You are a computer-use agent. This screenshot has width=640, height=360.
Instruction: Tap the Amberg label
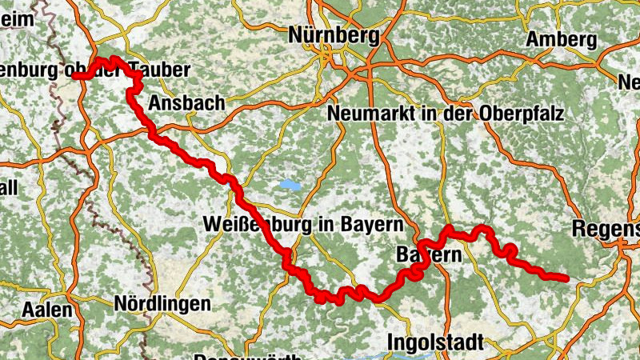click(562, 40)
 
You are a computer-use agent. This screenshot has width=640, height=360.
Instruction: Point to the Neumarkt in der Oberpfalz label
click(446, 114)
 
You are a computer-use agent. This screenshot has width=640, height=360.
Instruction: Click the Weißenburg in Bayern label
click(303, 224)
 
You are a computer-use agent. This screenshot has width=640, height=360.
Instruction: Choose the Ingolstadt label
click(435, 342)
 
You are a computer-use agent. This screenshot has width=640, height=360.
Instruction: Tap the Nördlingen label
click(162, 304)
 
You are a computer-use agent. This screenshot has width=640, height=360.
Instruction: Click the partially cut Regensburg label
click(606, 229)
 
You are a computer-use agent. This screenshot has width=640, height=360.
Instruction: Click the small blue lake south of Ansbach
click(289, 186)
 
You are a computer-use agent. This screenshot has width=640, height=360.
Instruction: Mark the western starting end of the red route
click(75, 76)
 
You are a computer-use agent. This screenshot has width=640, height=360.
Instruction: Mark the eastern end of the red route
click(566, 278)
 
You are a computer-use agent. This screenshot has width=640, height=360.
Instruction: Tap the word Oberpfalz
click(524, 114)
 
